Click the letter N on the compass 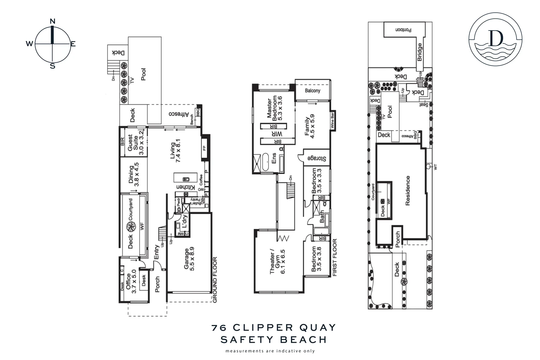(52, 21)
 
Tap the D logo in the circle (496, 39)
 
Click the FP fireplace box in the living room (204, 148)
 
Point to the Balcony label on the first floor (312, 90)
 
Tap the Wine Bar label (332, 121)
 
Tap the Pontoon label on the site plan (403, 30)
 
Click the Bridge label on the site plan (420, 52)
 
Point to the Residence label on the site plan (408, 191)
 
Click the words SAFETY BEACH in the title (274, 340)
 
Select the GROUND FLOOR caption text (215, 279)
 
